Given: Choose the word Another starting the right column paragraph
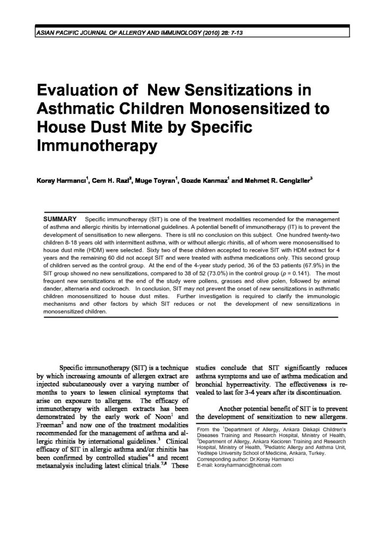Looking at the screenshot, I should coord(237,408).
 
